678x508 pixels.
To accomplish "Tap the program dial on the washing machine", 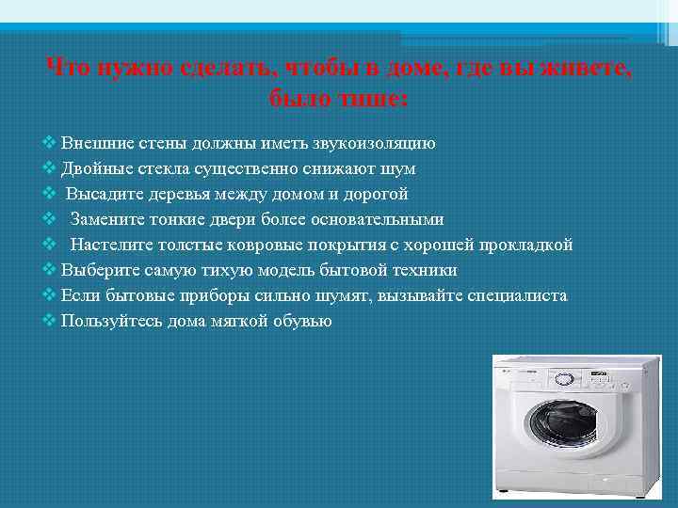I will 563,379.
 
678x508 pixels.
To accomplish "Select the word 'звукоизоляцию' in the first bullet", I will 379,144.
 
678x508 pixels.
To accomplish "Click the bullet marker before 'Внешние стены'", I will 50,144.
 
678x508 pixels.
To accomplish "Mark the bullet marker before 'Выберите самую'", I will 50,271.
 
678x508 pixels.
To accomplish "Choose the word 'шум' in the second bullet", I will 401,169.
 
